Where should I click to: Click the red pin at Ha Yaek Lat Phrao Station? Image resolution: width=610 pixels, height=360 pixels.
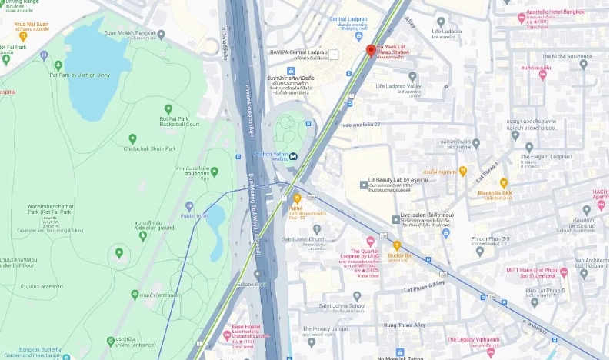tap(370, 51)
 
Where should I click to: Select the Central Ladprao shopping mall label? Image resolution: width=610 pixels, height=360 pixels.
tap(348, 18)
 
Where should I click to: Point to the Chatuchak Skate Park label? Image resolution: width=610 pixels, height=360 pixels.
tap(150, 148)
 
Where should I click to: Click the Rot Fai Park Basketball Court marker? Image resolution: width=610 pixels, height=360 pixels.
tap(168, 109)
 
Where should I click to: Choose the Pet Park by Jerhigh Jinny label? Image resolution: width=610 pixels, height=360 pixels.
tap(79, 75)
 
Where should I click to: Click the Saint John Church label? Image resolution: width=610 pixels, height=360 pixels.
tap(304, 238)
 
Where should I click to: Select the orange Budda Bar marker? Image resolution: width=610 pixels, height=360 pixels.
tap(397, 245)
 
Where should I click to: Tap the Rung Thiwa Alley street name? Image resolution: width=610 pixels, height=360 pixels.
tap(404, 325)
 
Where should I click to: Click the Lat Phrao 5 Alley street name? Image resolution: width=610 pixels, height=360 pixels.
tap(425, 287)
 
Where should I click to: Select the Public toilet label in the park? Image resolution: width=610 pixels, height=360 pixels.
tap(194, 215)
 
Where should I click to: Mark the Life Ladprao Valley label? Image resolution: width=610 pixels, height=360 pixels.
tap(398, 86)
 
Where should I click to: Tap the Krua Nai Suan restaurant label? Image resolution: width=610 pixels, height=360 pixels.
tap(31, 24)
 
